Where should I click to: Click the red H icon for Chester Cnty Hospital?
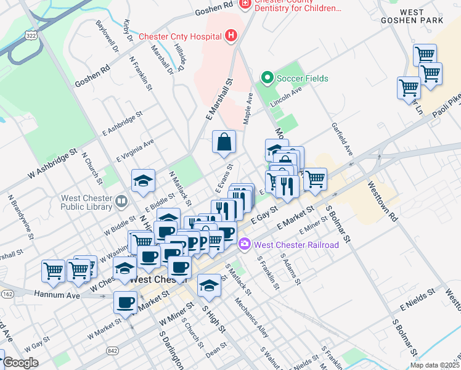click(231, 36)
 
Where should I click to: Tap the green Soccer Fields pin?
click(267, 78)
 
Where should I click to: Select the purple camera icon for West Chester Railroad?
click(245, 245)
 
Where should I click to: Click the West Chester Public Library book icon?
click(121, 200)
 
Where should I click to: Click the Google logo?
click(20, 363)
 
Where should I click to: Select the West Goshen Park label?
click(421, 16)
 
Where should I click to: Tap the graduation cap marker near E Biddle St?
click(143, 180)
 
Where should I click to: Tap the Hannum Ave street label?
click(57, 295)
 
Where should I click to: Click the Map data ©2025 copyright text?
click(434, 364)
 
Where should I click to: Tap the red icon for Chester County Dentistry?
click(245, 4)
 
